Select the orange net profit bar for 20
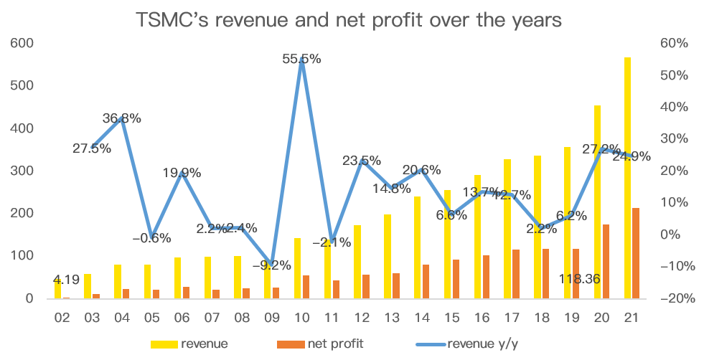[x=606, y=261]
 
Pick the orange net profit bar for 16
[x=486, y=276]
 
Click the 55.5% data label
[x=301, y=59]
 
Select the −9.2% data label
[x=271, y=265]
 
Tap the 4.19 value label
[x=66, y=280]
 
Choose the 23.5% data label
[x=361, y=161]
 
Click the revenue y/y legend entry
[x=479, y=344]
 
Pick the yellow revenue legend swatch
[x=164, y=344]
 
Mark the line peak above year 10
[x=302, y=59]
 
